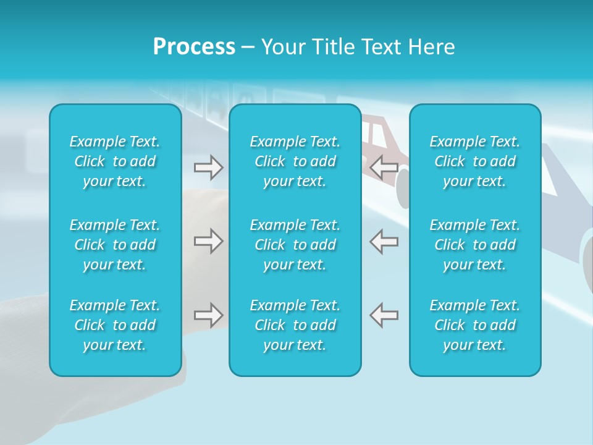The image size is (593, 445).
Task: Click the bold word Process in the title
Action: pyautogui.click(x=194, y=47)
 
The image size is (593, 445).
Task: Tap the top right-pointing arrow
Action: pyautogui.click(x=209, y=167)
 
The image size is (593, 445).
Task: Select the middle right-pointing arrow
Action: pyautogui.click(x=209, y=241)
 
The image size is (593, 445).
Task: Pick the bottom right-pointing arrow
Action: pyautogui.click(x=209, y=315)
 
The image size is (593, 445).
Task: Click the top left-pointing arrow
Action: pyautogui.click(x=384, y=167)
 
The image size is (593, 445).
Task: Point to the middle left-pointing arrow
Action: pyautogui.click(x=384, y=241)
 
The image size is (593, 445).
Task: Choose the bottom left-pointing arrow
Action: pyautogui.click(x=384, y=315)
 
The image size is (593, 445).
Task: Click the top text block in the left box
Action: pyautogui.click(x=115, y=161)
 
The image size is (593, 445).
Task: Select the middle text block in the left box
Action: pyautogui.click(x=115, y=245)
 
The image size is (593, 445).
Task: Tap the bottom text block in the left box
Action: pyautogui.click(x=115, y=325)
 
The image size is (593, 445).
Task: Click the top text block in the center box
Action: pyautogui.click(x=295, y=161)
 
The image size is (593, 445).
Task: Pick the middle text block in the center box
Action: pyautogui.click(x=295, y=245)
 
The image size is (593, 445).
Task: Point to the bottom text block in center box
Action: pyautogui.click(x=295, y=325)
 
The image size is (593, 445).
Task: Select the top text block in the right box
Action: pyautogui.click(x=474, y=161)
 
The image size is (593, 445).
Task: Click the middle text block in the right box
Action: pyautogui.click(x=474, y=245)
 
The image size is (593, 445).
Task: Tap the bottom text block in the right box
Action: pyautogui.click(x=474, y=325)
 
